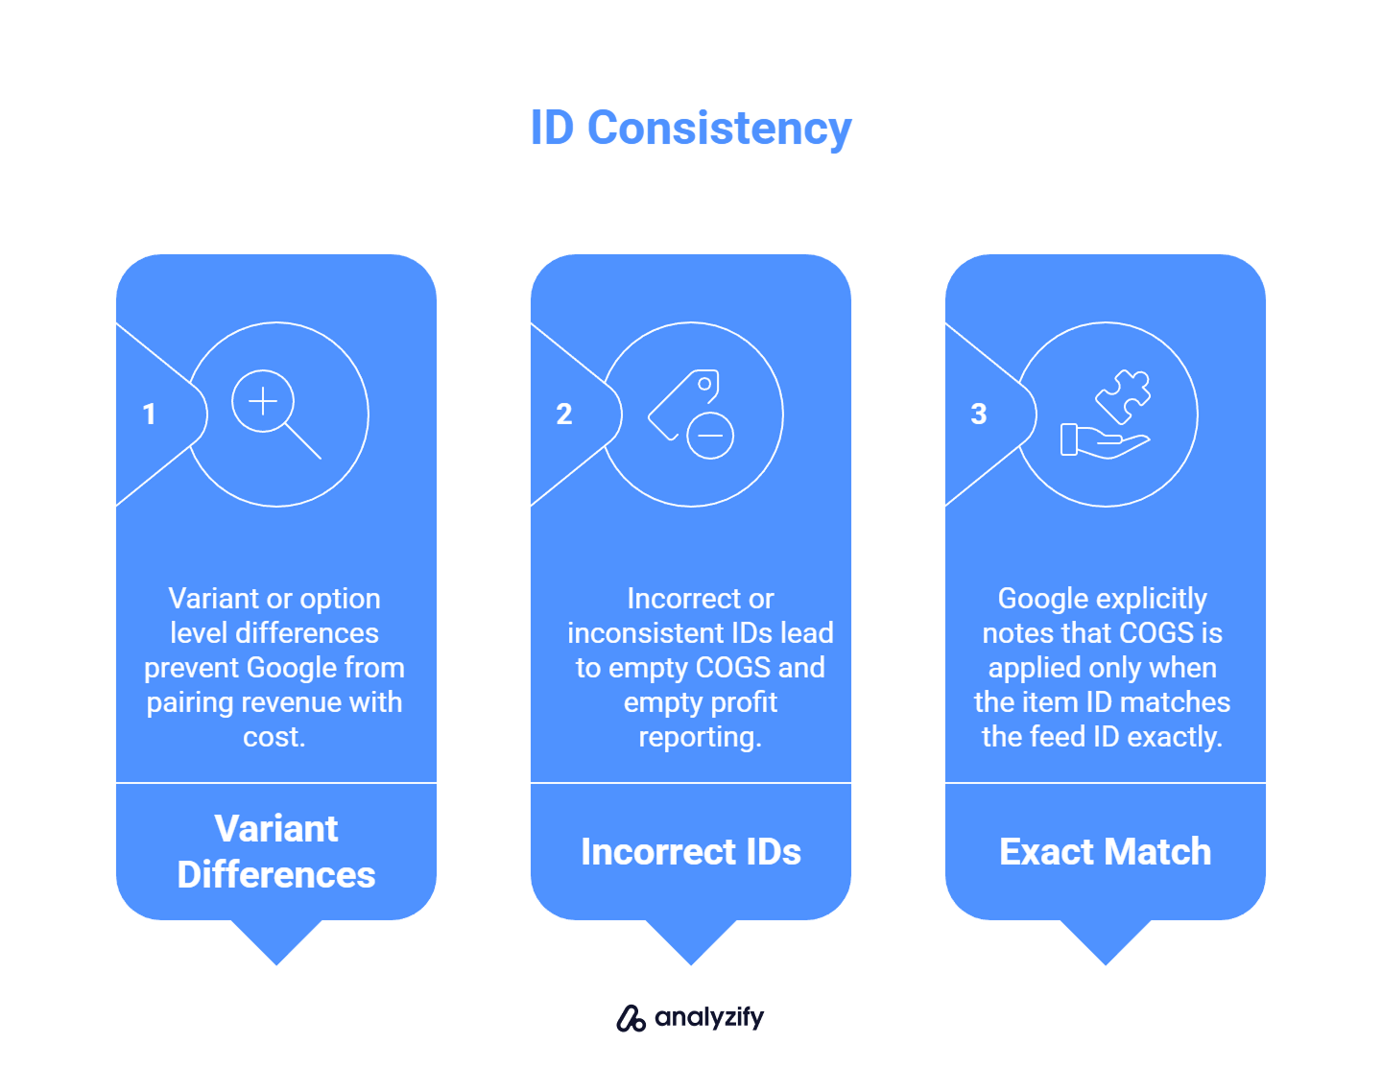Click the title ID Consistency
(691, 129)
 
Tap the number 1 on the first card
(149, 415)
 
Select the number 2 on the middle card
(564, 415)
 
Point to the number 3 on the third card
(978, 415)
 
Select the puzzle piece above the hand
(1124, 394)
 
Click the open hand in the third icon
(1104, 441)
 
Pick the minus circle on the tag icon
(710, 436)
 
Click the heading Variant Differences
(276, 851)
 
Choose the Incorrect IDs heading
(691, 852)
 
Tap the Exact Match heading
(1105, 852)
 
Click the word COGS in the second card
(733, 668)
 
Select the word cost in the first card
(273, 737)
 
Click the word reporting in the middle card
(700, 737)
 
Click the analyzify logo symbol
(631, 1018)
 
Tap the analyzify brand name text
(709, 1017)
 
